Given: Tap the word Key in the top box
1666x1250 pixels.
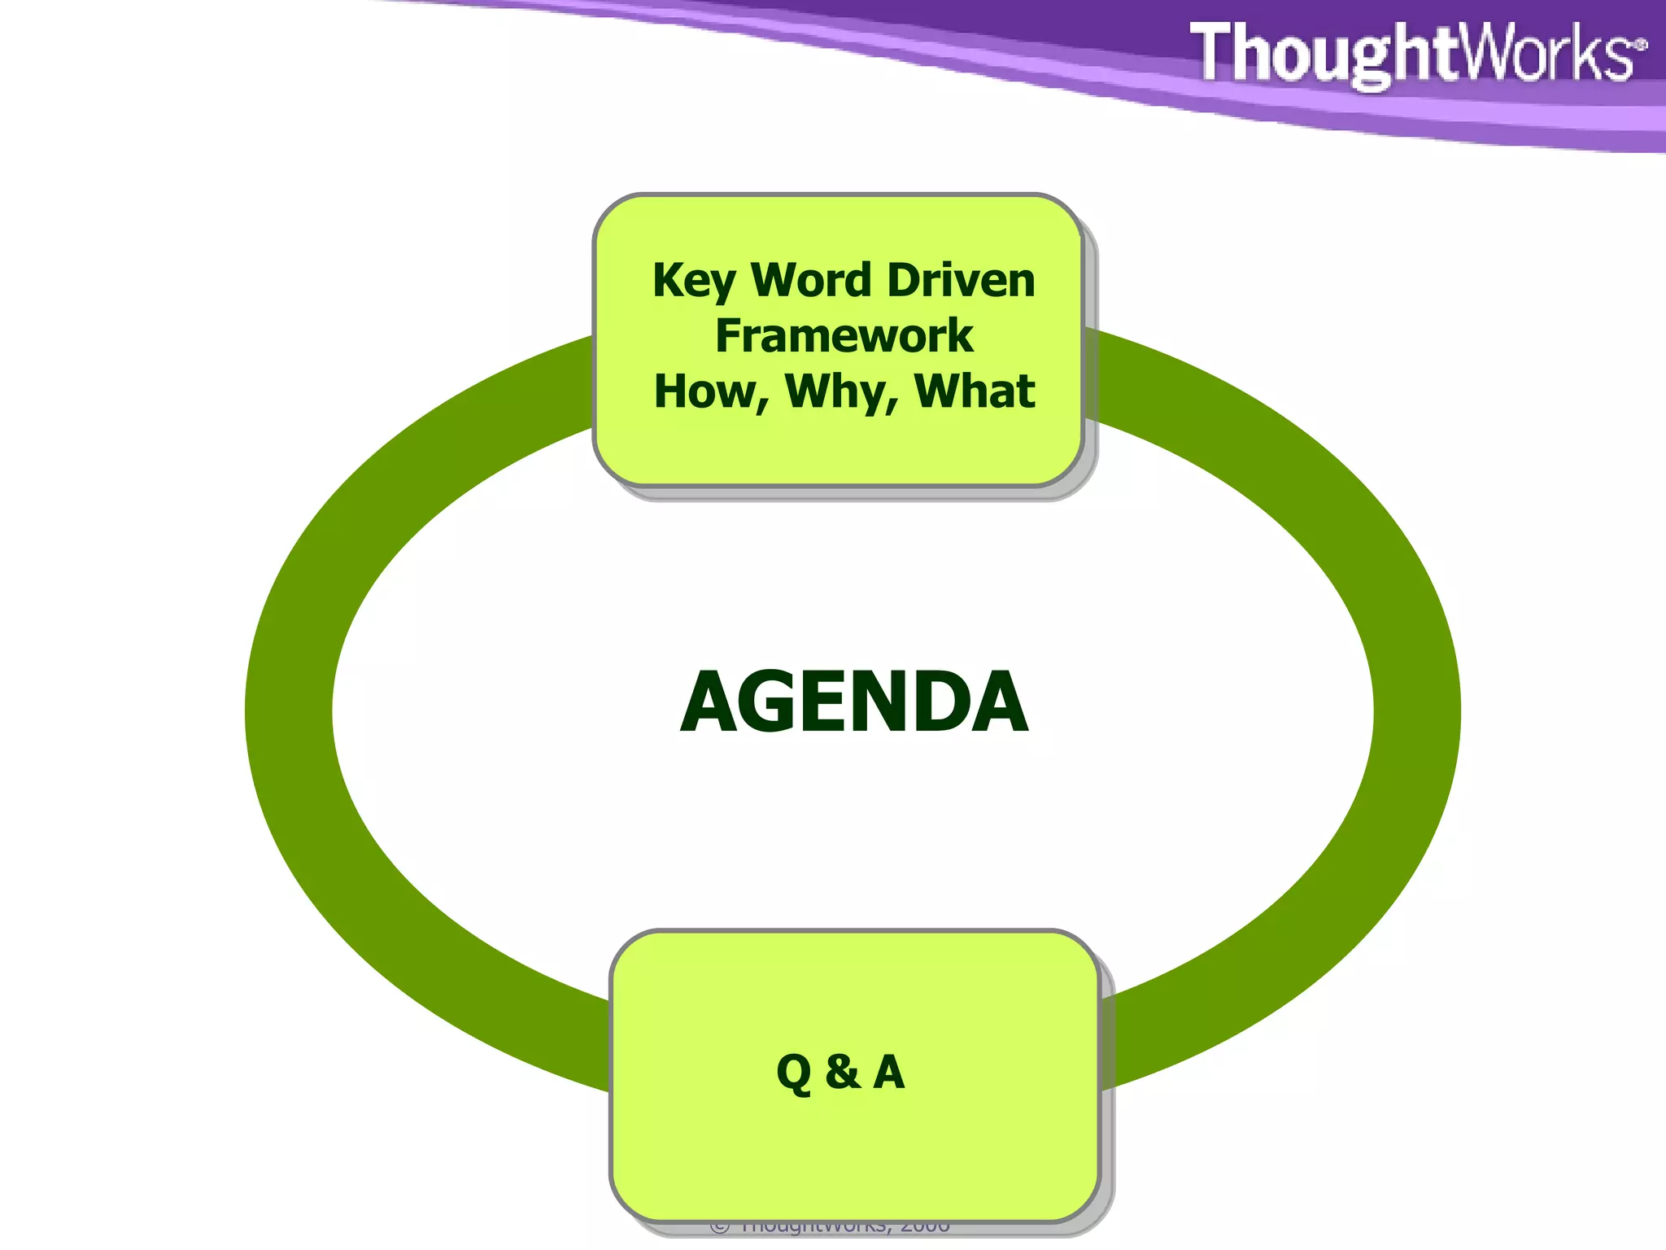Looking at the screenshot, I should pyautogui.click(x=694, y=282).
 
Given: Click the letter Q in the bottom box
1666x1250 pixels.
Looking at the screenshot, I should pyautogui.click(x=794, y=1073).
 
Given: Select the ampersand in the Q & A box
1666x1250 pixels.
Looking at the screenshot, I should pyautogui.click(x=842, y=1072).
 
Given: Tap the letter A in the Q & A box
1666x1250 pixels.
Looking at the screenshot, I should pyautogui.click(x=889, y=1072).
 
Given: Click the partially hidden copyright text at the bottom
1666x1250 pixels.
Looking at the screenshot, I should pyautogui.click(x=830, y=1226).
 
